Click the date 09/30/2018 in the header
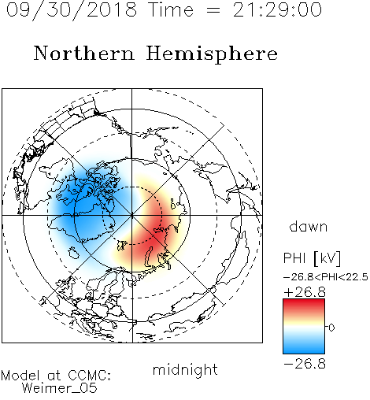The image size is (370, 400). [72, 10]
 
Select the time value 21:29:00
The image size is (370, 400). [277, 10]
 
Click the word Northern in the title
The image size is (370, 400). [84, 53]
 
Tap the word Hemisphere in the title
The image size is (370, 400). [212, 54]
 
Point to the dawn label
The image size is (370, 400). [309, 226]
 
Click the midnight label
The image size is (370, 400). [185, 369]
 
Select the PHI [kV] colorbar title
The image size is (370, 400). [312, 258]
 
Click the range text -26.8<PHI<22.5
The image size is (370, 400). [326, 277]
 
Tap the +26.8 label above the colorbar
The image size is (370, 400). [305, 292]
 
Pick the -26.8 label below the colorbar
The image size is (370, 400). [305, 364]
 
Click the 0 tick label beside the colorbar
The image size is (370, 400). [331, 328]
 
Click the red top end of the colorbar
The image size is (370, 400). [304, 302]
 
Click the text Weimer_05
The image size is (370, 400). [60, 388]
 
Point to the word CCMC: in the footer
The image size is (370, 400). [89, 376]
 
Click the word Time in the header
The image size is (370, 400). [171, 10]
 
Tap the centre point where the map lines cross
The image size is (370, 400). [132, 215]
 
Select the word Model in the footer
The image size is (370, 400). [20, 376]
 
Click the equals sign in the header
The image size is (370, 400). [213, 11]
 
